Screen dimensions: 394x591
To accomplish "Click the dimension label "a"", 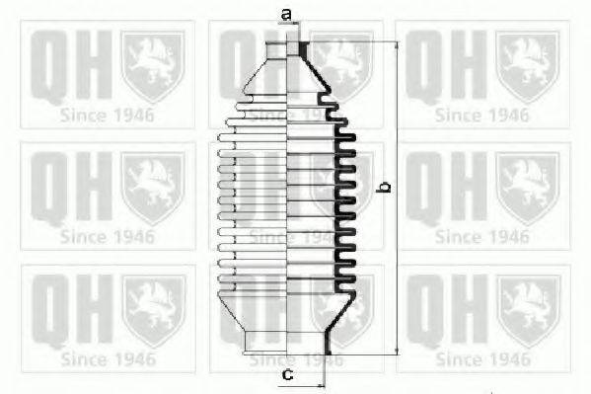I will (286, 14).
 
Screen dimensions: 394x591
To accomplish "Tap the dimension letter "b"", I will (386, 186).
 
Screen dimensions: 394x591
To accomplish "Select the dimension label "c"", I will (287, 374).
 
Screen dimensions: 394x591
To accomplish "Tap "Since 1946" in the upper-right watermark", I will (482, 115).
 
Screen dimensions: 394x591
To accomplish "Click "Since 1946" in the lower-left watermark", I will (108, 358).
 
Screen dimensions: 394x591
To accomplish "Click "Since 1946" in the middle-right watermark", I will (482, 237).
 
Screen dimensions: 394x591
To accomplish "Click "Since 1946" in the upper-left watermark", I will (108, 115).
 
